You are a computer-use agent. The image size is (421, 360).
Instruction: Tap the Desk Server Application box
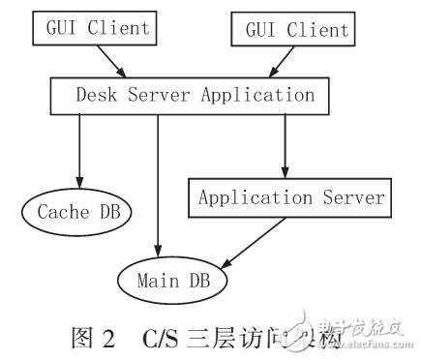(x=189, y=95)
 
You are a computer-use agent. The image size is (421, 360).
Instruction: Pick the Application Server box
(x=291, y=197)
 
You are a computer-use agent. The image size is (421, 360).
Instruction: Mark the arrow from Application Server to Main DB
(x=254, y=240)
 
